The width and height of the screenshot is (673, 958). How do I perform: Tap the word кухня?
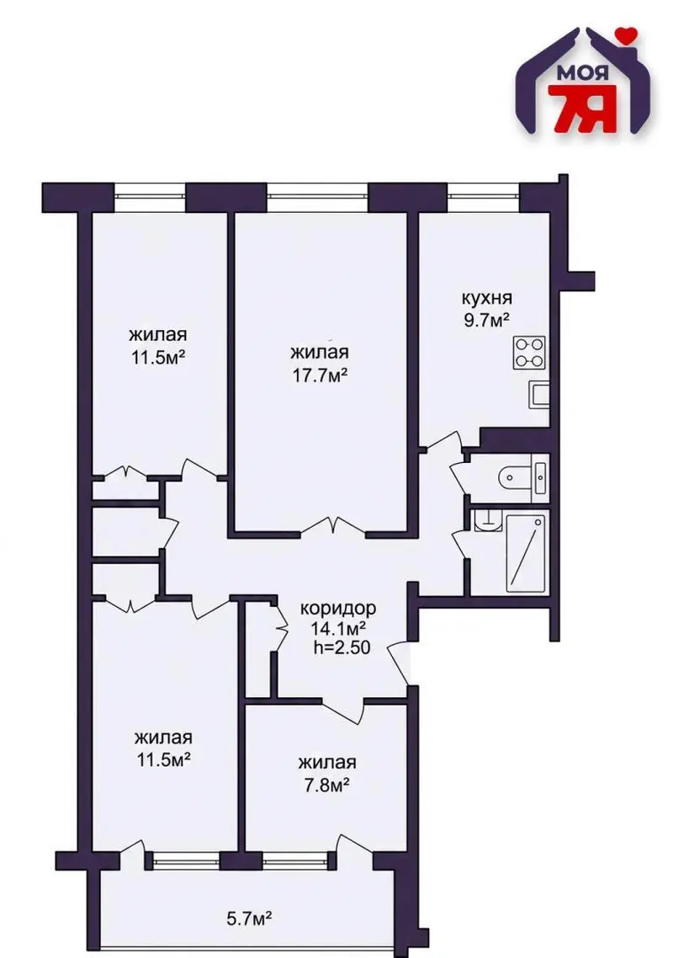(x=486, y=299)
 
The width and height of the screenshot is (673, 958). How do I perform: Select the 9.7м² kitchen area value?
(x=486, y=320)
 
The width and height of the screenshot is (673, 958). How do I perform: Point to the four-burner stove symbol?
(x=529, y=353)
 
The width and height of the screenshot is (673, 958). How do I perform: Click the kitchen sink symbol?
(x=539, y=394)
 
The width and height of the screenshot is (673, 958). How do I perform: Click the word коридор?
(x=337, y=609)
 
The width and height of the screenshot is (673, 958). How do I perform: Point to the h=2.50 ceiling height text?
(x=342, y=647)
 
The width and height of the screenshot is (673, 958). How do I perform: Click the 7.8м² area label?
(x=326, y=784)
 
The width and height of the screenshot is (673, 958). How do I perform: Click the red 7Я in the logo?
(x=580, y=109)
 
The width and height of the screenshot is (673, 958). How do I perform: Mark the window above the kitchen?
(x=483, y=195)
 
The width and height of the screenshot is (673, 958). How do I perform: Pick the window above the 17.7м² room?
(x=317, y=195)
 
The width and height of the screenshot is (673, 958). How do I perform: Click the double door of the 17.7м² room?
(x=333, y=527)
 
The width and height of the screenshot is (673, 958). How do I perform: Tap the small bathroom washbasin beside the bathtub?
(x=487, y=520)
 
